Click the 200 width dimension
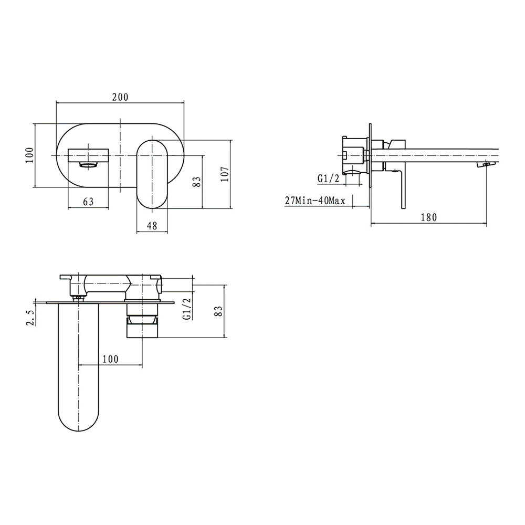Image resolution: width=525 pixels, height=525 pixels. point(120,97)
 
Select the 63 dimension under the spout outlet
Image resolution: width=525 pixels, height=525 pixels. point(88,202)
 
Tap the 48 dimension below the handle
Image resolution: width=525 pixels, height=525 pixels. point(152,226)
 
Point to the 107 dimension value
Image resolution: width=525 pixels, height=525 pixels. point(225,174)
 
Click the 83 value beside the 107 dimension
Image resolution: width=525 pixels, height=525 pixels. point(197,182)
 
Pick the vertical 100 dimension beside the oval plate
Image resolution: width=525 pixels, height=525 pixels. point(29,155)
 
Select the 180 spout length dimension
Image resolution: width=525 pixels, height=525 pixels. point(428,217)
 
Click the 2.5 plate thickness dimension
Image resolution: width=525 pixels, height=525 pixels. point(30,318)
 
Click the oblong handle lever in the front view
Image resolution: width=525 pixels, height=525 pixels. point(152,173)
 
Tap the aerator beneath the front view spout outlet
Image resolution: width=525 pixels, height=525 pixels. point(88,165)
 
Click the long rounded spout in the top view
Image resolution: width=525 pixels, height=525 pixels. point(78,367)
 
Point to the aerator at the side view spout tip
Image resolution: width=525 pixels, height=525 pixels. point(484,165)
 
